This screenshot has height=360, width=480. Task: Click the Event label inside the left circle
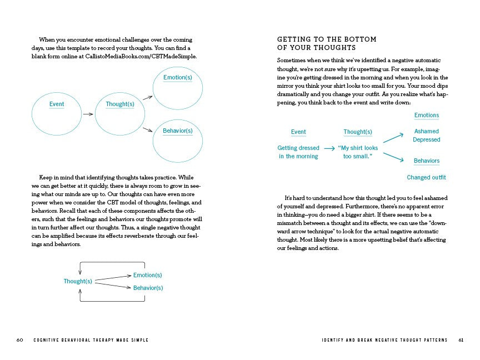point(57,104)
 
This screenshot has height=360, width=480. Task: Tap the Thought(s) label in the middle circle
point(120,104)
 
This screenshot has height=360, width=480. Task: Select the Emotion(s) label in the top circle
point(177,77)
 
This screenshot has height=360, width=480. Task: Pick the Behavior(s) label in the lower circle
point(177,131)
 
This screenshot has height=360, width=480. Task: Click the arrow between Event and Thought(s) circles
point(87,114)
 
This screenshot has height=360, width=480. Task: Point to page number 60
point(19,340)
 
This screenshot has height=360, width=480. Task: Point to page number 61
point(461,340)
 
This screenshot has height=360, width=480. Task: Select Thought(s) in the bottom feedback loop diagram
point(78,281)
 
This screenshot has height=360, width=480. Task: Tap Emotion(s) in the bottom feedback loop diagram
point(147,275)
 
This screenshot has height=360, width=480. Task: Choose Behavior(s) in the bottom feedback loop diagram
point(148,288)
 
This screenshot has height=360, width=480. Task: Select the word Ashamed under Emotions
point(426,132)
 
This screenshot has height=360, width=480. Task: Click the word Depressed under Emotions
point(426,139)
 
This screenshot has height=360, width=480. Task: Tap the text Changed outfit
point(426,178)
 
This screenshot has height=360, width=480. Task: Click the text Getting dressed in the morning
point(298,152)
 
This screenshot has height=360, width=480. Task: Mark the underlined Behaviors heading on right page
point(426,161)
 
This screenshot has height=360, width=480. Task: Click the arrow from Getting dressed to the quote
point(329,148)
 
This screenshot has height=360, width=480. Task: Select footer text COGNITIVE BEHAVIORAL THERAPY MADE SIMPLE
point(91,340)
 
